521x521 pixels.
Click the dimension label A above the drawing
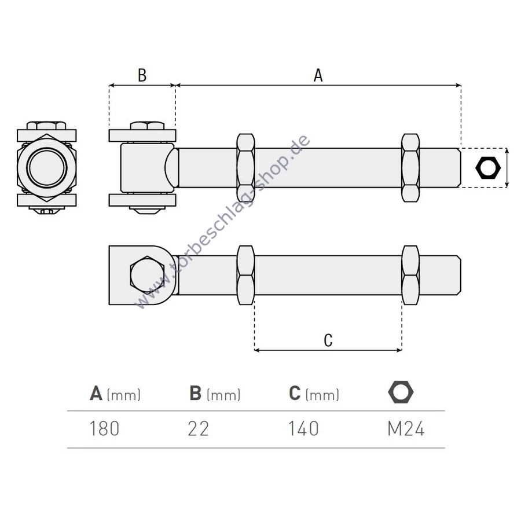pos(318,75)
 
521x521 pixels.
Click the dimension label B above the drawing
pos(142,75)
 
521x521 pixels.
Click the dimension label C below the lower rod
pos(328,340)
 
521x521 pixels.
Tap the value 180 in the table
pos(104,429)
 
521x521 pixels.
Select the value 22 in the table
pos(198,429)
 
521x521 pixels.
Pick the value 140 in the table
pos(303,429)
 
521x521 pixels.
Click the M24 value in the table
pos(406,429)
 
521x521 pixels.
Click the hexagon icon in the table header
pos(401,392)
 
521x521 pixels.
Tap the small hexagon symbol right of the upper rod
pos(487,168)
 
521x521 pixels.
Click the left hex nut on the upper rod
pos(245,168)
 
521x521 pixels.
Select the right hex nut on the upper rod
pos(410,168)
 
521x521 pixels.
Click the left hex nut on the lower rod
pos(245,276)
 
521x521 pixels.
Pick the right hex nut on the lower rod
pos(410,276)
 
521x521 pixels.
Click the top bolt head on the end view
pos(46,125)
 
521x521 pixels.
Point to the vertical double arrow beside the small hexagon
pos(508,168)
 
